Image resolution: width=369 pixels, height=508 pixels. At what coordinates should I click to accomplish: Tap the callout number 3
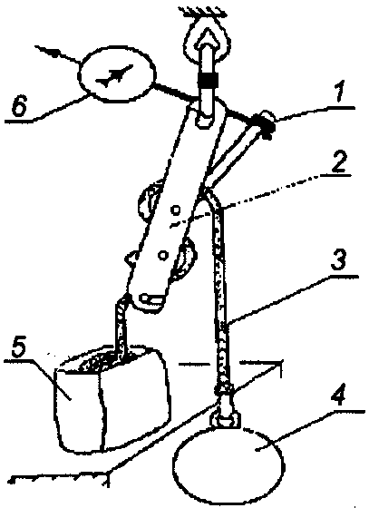coord(338,261)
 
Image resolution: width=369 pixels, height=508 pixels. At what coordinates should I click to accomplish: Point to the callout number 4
coord(340,396)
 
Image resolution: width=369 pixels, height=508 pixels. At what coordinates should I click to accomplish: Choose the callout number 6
coord(19,105)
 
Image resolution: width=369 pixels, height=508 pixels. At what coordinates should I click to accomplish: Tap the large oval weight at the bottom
coord(228,463)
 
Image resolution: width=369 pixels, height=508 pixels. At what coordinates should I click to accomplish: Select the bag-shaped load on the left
coord(112,398)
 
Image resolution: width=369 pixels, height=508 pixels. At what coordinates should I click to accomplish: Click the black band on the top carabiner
coord(208,81)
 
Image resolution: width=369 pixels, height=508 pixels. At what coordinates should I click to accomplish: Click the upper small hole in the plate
coord(176,210)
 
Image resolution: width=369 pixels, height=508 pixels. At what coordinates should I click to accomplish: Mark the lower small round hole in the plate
coord(163,256)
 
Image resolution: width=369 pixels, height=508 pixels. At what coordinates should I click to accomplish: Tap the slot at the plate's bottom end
coord(151,298)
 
